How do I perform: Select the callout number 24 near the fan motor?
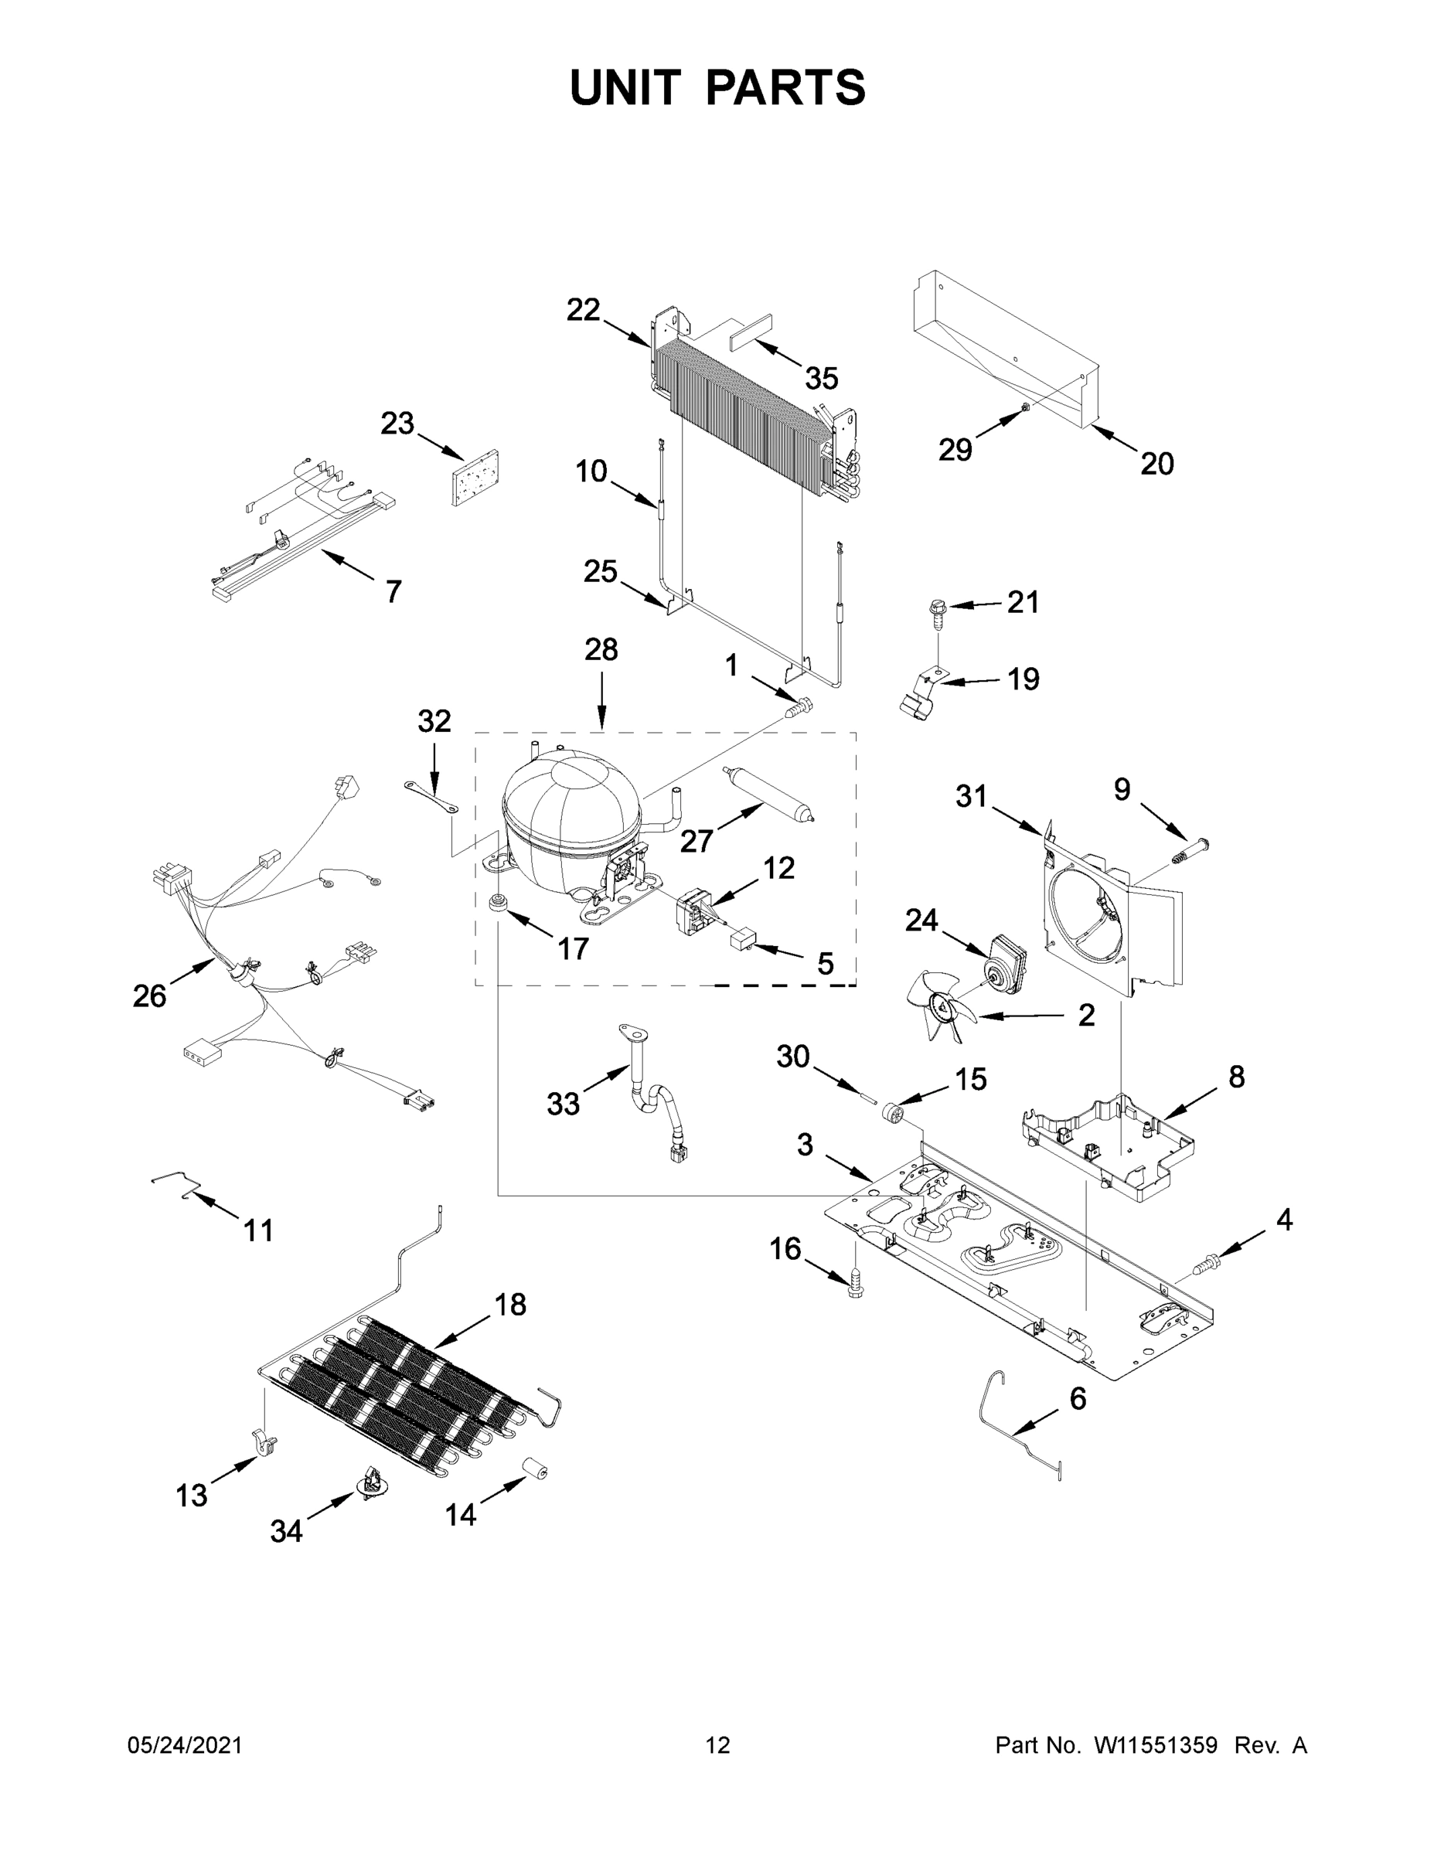click(x=921, y=920)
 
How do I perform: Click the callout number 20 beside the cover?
click(x=1156, y=463)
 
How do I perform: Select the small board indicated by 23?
click(x=474, y=478)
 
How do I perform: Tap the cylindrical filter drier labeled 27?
click(x=770, y=794)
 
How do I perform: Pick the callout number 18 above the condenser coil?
click(x=510, y=1304)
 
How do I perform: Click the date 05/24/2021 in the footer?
click(x=184, y=1745)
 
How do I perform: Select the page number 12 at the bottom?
click(x=718, y=1745)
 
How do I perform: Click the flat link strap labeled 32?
click(x=431, y=797)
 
